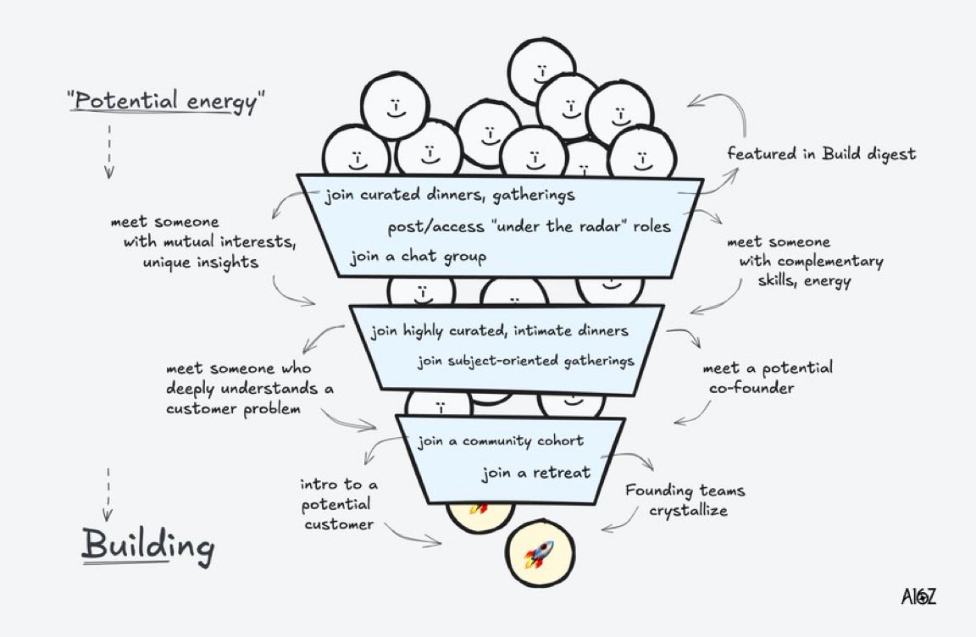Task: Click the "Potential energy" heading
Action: pos(166,101)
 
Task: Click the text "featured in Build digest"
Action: pos(821,154)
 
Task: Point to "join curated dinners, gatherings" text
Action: pos(450,195)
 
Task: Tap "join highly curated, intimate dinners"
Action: pos(500,330)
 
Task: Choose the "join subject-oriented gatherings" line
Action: pos(525,361)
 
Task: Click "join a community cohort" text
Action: pos(500,440)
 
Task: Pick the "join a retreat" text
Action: pos(535,473)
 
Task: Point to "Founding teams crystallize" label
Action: pos(685,501)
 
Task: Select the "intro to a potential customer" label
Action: pos(338,504)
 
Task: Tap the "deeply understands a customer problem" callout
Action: pos(250,389)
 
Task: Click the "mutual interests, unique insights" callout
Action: pos(203,243)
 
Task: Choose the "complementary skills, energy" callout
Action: pos(804,261)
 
